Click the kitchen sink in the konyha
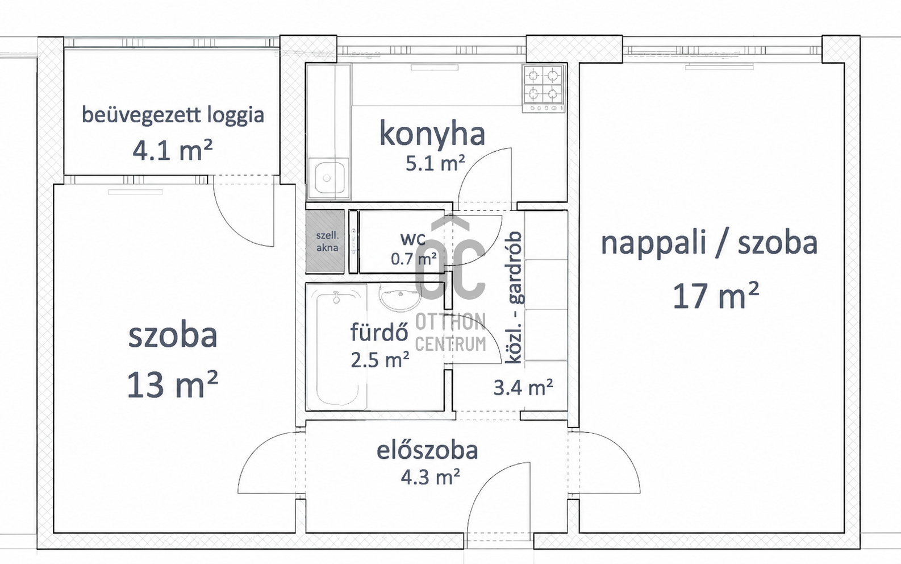coord(328,178)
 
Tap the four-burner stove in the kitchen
coord(543,89)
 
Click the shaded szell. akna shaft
coord(325,241)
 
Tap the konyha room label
coord(432,135)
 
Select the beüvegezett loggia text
coord(173,115)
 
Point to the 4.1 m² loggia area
coord(172,150)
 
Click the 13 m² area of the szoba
coord(172,384)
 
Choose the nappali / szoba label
coord(709,243)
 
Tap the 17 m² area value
coord(716,296)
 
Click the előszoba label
coord(427,450)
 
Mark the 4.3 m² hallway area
coord(431,478)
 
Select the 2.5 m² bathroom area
coord(380,359)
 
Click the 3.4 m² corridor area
coord(523,387)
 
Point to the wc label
coord(412,239)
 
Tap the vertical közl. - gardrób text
coord(514,298)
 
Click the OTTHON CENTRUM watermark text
coord(450,333)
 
